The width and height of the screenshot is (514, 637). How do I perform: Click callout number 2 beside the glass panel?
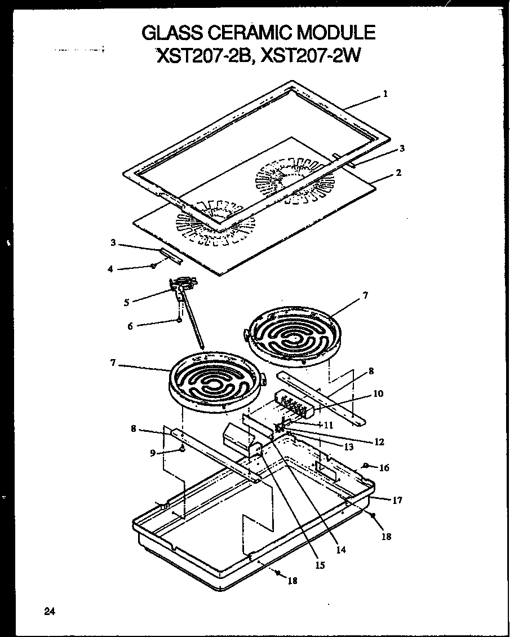coord(398,172)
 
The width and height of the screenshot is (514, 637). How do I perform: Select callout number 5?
coord(126,302)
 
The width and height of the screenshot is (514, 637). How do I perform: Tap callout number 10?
coord(378,393)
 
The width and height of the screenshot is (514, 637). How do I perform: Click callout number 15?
coord(320,565)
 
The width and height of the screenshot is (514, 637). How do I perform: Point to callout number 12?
coord(379,442)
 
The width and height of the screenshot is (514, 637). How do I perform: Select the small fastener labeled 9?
coord(182,449)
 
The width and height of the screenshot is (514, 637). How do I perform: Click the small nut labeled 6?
coord(179,320)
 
